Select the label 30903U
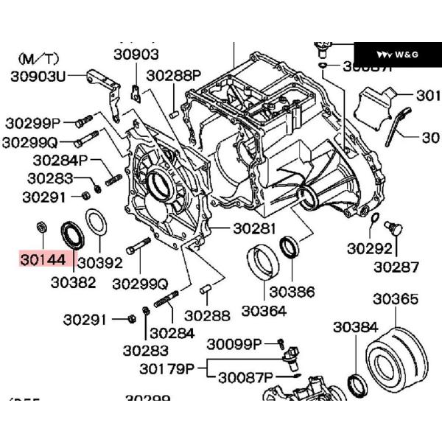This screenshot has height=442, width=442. click(37, 75)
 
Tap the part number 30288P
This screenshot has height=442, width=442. click(174, 75)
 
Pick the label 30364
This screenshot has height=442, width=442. click(263, 311)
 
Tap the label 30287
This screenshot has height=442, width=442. click(396, 267)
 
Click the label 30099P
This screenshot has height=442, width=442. click(235, 344)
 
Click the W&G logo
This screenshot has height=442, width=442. click(397, 55)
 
